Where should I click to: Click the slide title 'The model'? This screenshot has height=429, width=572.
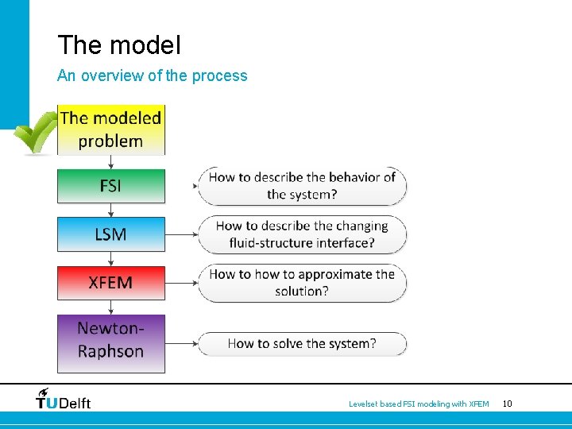(x=119, y=45)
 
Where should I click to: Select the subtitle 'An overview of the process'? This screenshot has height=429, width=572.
(x=152, y=76)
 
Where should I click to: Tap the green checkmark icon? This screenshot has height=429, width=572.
(x=36, y=132)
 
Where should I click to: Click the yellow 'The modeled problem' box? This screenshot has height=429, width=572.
(x=110, y=129)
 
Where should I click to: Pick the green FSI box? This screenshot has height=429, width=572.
(x=110, y=186)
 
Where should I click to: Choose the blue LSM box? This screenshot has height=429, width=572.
(x=110, y=234)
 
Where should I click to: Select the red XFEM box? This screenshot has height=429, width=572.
(x=110, y=283)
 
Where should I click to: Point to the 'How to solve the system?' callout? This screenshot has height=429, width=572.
(x=302, y=344)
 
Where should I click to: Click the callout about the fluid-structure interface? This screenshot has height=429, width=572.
(x=302, y=234)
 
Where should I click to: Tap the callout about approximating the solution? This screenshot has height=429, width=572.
(x=302, y=283)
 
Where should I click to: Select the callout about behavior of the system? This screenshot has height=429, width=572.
(x=302, y=186)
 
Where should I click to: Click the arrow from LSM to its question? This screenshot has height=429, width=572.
(x=181, y=234)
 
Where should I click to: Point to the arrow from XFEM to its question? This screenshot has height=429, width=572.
(x=181, y=283)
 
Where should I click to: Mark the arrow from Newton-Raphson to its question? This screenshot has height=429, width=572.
(x=181, y=344)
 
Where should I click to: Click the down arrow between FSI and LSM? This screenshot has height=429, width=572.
(x=110, y=211)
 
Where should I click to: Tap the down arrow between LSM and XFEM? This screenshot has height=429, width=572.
(x=110, y=259)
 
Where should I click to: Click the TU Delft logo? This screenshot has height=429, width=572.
(x=64, y=399)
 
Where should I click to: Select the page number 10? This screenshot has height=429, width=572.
(x=507, y=404)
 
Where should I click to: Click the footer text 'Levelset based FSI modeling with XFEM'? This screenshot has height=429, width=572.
(x=419, y=404)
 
